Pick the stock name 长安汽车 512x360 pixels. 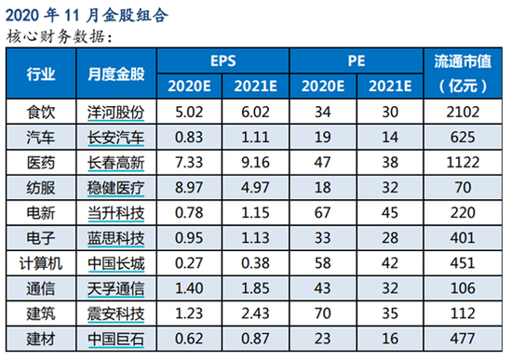click(116, 138)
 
